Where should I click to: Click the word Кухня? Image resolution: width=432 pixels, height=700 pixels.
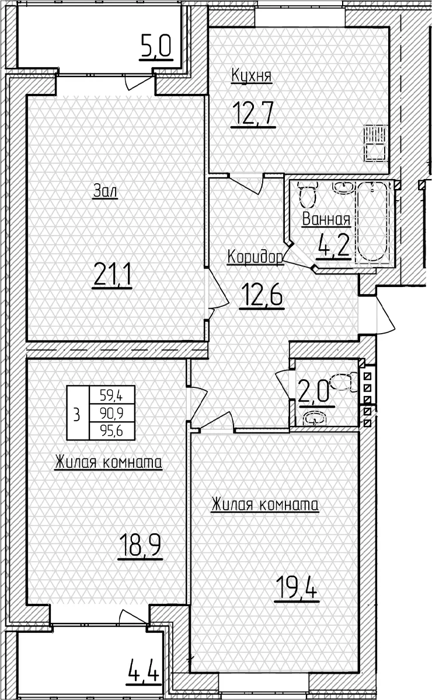click(252, 76)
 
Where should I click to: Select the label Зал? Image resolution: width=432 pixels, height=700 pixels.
click(106, 191)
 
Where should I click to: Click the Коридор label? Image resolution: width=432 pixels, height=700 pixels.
click(255, 257)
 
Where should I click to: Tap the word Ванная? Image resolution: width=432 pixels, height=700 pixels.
click(326, 219)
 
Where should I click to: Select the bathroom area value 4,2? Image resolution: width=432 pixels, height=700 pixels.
click(333, 246)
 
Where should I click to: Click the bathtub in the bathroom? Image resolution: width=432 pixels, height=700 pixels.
click(372, 222)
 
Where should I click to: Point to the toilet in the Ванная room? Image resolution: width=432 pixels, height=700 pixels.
click(308, 195)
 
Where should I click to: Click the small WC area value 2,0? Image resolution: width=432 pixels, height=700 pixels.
click(313, 391)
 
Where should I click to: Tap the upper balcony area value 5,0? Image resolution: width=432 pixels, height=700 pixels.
click(156, 46)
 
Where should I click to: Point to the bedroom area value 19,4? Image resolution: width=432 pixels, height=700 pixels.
click(297, 589)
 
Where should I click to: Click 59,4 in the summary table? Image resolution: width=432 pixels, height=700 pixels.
click(112, 396)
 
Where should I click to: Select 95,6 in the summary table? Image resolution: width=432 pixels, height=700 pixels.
click(112, 432)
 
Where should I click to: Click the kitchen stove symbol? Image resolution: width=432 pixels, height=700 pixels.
click(376, 143)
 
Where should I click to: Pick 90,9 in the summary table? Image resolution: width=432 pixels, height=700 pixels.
click(112, 414)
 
